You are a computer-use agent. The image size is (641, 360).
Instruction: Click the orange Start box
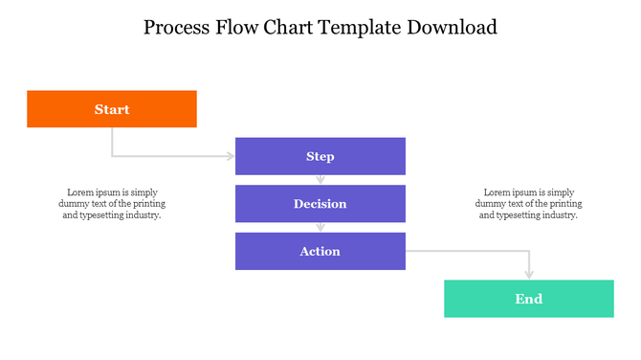click(112, 109)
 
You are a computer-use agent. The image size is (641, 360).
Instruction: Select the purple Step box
click(320, 156)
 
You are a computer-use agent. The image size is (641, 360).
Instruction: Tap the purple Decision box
click(320, 204)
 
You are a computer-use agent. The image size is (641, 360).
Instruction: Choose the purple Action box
click(320, 251)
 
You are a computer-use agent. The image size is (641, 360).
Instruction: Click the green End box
click(529, 299)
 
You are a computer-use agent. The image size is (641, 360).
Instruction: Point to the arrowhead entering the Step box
click(231, 156)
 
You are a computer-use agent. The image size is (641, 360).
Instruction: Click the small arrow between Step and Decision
click(320, 179)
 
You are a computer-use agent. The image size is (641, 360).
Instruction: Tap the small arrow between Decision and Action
click(320, 227)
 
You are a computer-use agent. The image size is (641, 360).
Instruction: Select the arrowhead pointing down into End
click(529, 275)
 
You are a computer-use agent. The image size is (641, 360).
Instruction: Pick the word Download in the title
click(454, 27)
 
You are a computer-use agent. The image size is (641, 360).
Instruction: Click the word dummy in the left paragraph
click(72, 204)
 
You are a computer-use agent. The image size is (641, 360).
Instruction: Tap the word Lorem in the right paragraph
click(497, 191)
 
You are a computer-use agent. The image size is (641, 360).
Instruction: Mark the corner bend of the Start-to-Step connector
click(113, 156)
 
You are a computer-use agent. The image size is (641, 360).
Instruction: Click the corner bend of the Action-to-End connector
click(529, 251)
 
